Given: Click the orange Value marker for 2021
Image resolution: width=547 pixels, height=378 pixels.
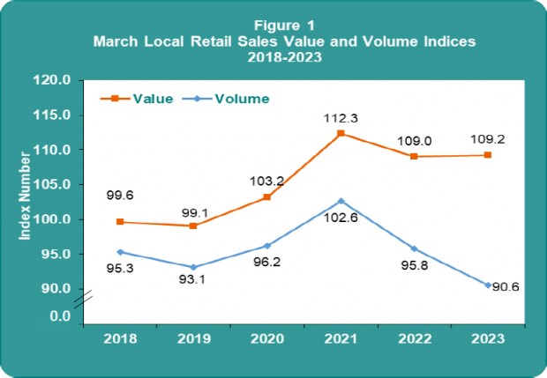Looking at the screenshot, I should point(341,134).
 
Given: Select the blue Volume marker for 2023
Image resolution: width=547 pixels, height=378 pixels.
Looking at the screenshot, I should point(488,285).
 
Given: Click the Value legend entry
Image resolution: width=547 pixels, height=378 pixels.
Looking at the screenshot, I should point(152,98).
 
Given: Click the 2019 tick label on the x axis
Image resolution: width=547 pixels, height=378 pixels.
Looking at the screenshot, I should point(192,337).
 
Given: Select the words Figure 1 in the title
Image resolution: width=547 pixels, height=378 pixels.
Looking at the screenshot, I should point(273,26).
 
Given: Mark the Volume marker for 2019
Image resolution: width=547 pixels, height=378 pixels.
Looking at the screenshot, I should point(192,267).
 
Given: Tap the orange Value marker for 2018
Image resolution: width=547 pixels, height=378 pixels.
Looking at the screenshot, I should point(119,222).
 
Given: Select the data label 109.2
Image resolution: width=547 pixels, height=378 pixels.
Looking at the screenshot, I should point(488,138).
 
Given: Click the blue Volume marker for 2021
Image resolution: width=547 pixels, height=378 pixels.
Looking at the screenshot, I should point(341,201).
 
